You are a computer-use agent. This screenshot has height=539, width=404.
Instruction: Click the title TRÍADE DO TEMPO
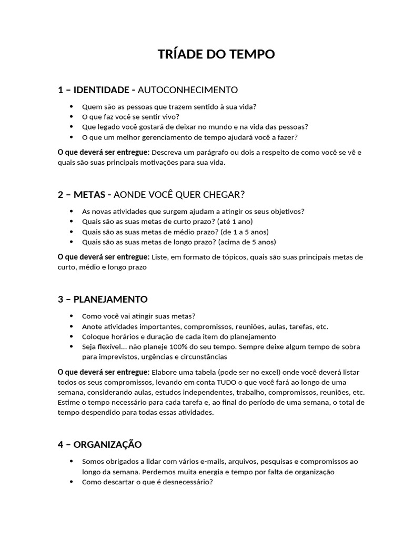(216, 55)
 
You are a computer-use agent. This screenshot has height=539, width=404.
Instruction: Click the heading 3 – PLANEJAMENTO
(103, 300)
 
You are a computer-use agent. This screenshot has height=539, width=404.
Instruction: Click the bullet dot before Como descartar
(71, 482)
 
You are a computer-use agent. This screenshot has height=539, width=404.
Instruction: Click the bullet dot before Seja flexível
(71, 347)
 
